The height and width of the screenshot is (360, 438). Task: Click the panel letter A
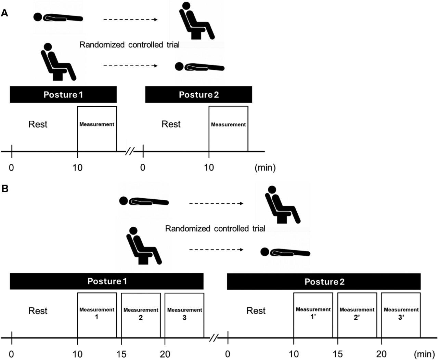click(x=4, y=14)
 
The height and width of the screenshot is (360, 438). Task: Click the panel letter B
click(x=4, y=189)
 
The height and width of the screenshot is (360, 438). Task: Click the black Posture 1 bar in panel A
click(x=63, y=95)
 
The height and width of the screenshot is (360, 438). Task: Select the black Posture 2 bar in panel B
click(x=324, y=282)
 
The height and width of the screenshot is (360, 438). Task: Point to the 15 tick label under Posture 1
click(x=121, y=354)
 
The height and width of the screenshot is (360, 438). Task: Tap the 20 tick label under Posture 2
click(x=381, y=354)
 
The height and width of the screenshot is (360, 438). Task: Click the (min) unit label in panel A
click(x=265, y=168)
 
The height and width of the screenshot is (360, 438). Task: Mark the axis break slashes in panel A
click(x=130, y=151)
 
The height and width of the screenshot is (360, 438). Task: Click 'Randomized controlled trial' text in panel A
click(x=129, y=45)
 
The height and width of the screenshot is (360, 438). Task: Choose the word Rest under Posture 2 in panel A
click(x=171, y=124)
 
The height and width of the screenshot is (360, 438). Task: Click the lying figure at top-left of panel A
click(x=58, y=17)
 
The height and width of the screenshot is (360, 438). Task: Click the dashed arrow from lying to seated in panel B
click(x=216, y=203)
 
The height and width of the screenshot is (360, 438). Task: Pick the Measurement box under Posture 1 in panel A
click(x=97, y=129)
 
